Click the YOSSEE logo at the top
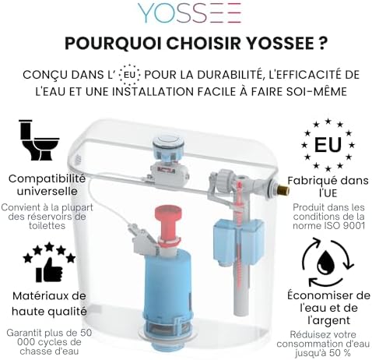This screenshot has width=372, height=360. click(189, 13)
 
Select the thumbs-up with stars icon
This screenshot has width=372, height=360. click(48, 263)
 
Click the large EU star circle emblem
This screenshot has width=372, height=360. click(327, 145)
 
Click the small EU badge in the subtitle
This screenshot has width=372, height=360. click(129, 75)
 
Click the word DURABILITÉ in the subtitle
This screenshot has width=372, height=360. click(226, 75)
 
